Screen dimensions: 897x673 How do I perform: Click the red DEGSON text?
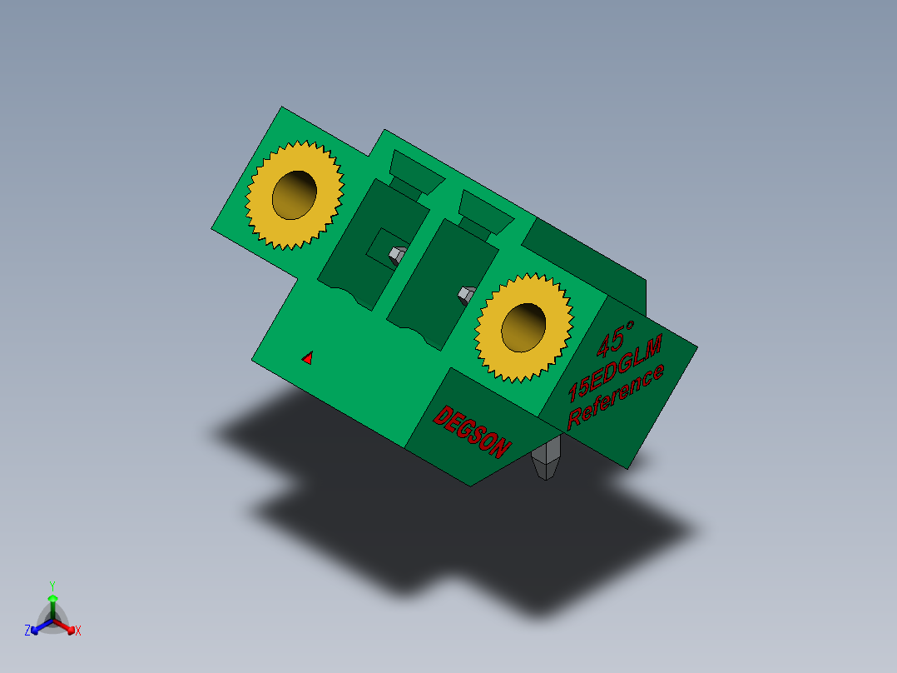472,431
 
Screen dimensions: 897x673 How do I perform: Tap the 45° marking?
615,338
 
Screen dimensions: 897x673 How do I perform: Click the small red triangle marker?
308,358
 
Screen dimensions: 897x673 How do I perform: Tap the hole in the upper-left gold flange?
294,195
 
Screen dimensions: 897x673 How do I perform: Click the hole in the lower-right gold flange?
523,327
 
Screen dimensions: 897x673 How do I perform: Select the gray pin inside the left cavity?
398,254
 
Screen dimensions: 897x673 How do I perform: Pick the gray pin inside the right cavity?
467,295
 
